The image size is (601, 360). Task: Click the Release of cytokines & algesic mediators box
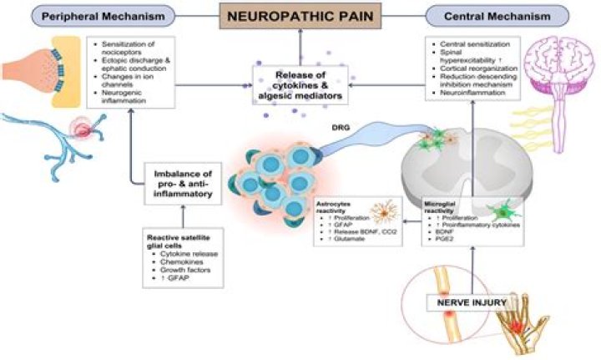click(300, 84)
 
